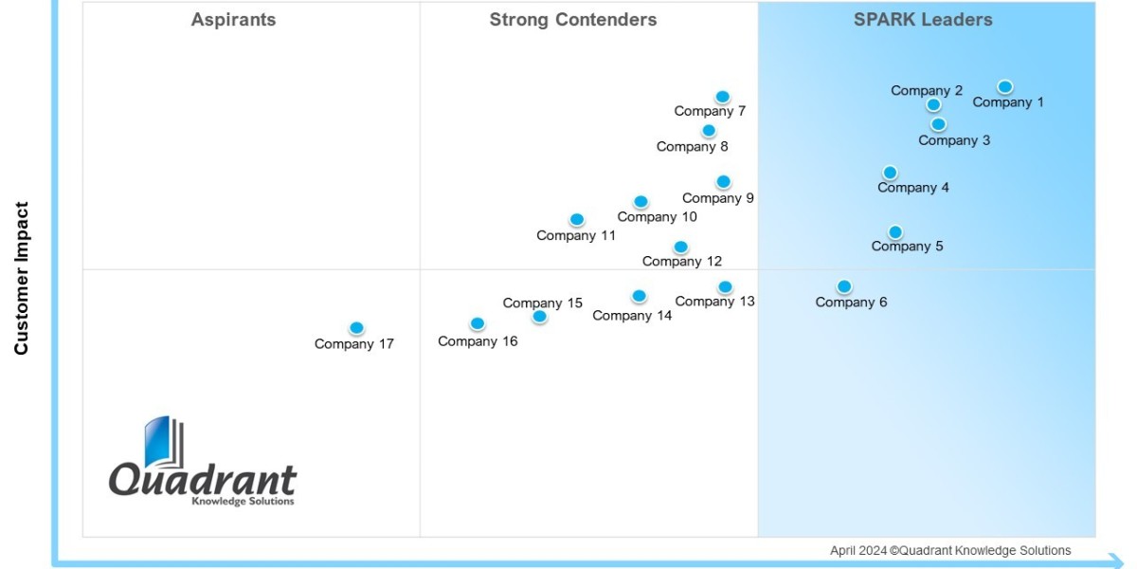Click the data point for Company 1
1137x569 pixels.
1005,87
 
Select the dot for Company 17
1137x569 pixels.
356,328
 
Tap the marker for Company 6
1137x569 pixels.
844,286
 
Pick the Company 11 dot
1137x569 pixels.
577,220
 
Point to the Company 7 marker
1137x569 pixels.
722,97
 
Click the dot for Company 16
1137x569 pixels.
478,323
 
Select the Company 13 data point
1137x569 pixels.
725,286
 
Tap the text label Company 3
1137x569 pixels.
954,140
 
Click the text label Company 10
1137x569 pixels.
657,217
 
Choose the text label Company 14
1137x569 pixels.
632,316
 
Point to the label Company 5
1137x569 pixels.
907,247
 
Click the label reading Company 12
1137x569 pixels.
681,262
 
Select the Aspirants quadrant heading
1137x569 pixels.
233,20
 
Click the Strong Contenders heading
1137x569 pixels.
572,20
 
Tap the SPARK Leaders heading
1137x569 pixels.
922,20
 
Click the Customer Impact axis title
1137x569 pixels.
22,278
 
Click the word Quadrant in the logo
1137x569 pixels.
202,479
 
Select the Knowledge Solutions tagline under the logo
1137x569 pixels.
243,502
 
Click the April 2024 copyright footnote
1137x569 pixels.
950,550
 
